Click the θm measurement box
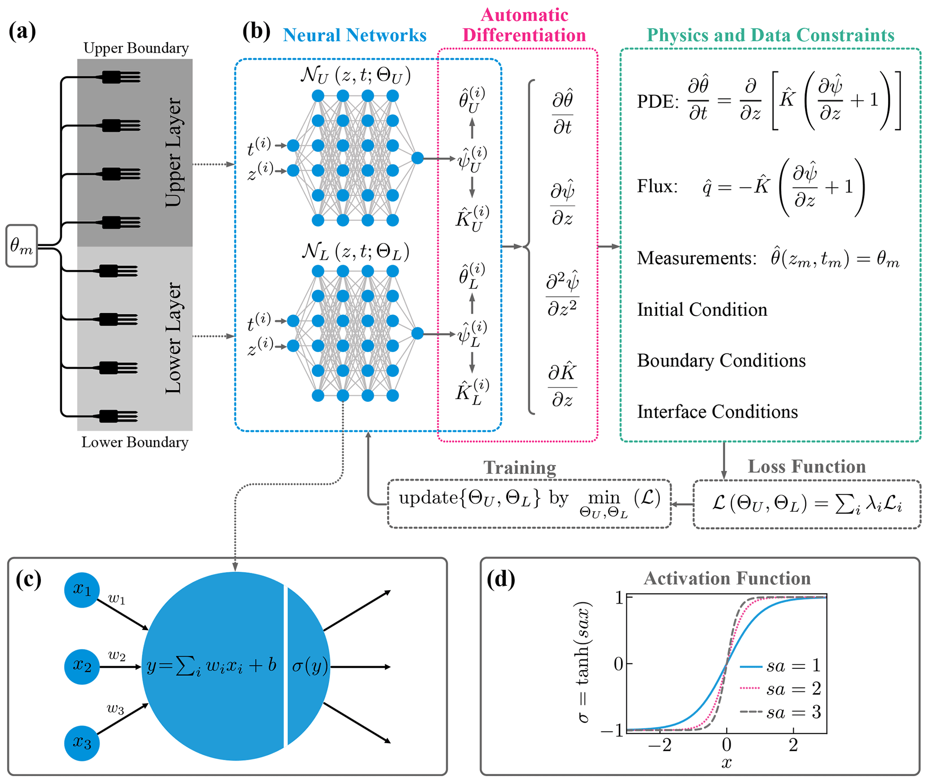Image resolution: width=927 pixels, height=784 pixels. click(22, 246)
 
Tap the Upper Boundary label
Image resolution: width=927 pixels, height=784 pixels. click(136, 48)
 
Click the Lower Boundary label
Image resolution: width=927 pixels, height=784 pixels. click(135, 442)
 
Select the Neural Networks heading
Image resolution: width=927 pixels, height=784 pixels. click(354, 35)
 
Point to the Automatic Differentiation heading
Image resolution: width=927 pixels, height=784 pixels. click(524, 25)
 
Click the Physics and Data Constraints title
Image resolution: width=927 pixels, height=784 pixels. click(770, 35)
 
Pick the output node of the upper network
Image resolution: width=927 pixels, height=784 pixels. click(417, 158)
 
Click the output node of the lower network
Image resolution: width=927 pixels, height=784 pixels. click(417, 333)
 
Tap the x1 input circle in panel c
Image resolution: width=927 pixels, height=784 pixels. click(82, 590)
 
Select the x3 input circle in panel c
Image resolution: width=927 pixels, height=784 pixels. click(82, 743)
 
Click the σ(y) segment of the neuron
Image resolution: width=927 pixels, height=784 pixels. click(309, 666)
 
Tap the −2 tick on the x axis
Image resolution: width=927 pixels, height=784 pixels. click(660, 745)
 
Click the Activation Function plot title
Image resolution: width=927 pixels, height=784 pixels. click(727, 579)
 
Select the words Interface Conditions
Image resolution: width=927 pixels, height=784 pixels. click(717, 412)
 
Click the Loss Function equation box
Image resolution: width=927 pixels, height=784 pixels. click(806, 504)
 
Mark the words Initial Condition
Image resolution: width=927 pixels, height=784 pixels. click(702, 309)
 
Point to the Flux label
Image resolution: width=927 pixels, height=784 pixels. click(657, 186)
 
